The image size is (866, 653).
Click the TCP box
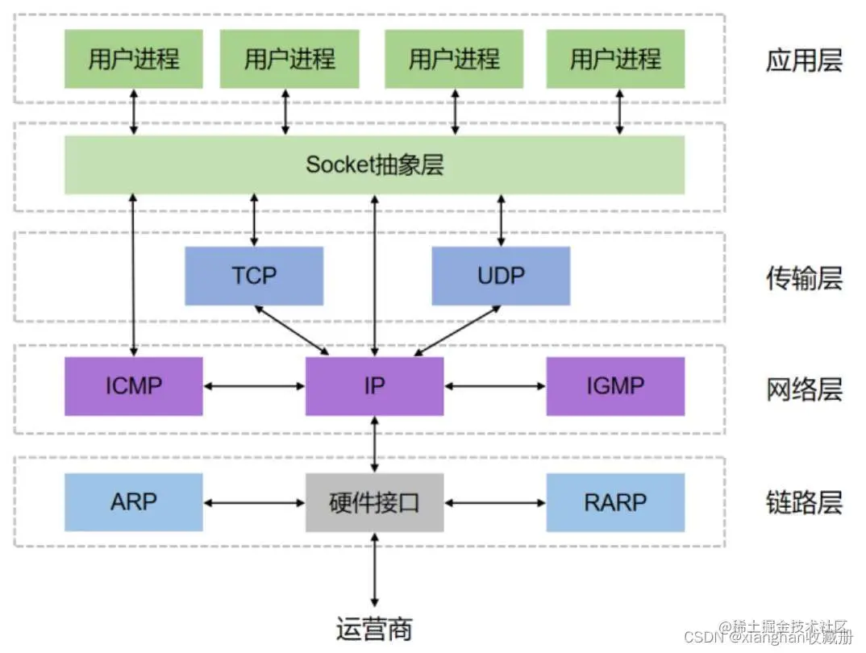click(x=254, y=276)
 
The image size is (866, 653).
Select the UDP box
click(x=501, y=276)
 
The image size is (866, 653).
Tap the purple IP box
click(x=374, y=386)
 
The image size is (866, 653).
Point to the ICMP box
click(x=134, y=386)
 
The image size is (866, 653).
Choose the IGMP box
click(x=615, y=386)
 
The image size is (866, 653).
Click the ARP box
click(x=134, y=502)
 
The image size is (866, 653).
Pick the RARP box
click(x=615, y=502)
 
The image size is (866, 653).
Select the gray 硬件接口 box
click(x=374, y=502)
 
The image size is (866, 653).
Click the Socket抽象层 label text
click(x=374, y=165)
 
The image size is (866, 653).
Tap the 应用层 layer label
click(x=803, y=60)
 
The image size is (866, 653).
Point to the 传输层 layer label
click(x=803, y=278)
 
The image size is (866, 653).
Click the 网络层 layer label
click(x=803, y=389)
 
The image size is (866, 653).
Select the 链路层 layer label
click(x=803, y=503)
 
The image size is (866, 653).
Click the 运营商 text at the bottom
click(x=374, y=627)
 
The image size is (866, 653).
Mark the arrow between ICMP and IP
click(x=254, y=387)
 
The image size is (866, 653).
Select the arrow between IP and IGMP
click(x=495, y=387)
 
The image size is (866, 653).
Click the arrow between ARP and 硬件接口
click(x=254, y=503)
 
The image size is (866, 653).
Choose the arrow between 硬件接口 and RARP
click(x=495, y=503)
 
